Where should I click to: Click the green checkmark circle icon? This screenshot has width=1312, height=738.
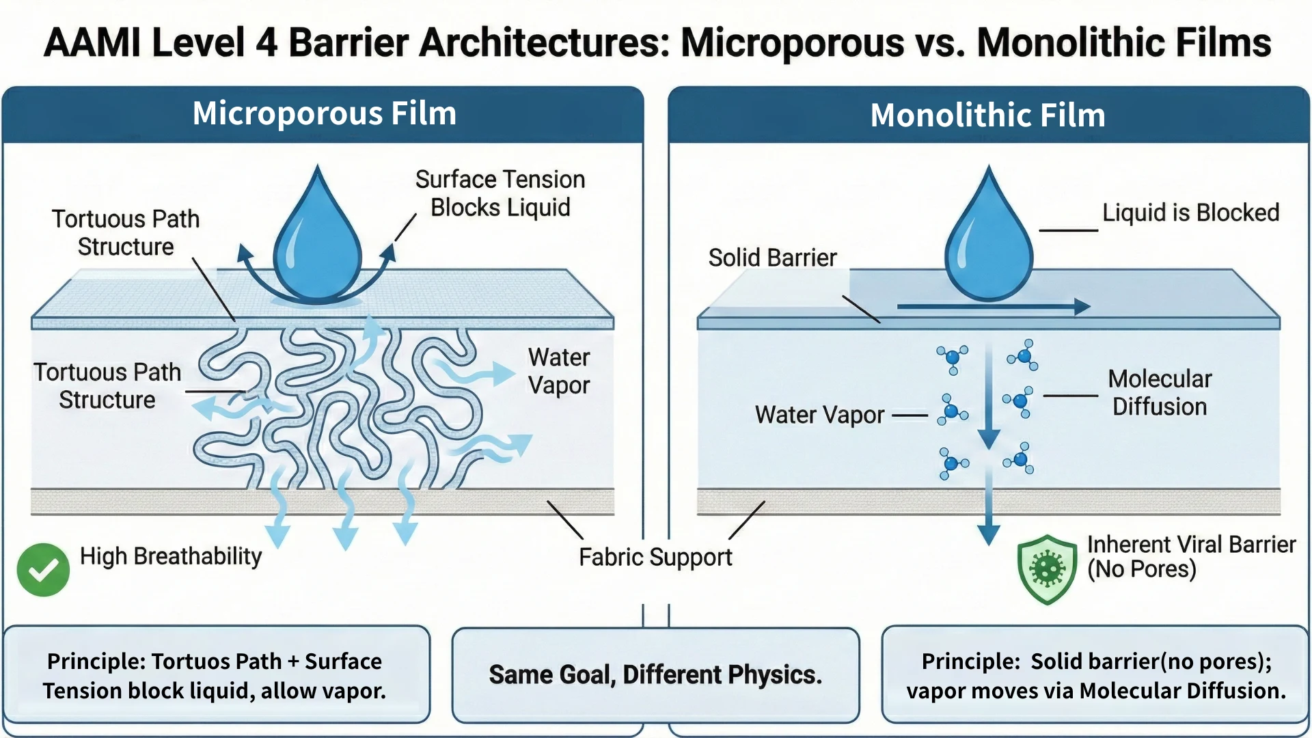pyautogui.click(x=43, y=569)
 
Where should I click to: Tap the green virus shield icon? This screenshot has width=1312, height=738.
pyautogui.click(x=1047, y=569)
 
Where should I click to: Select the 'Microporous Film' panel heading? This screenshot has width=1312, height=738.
pyautogui.click(x=324, y=113)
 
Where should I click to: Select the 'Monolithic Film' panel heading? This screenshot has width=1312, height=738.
pyautogui.click(x=987, y=115)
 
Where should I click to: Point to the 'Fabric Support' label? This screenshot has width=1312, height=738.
pyautogui.click(x=655, y=557)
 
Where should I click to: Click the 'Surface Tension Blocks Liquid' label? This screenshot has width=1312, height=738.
pyautogui.click(x=500, y=193)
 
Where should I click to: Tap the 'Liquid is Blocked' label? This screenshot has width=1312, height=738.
pyautogui.click(x=1190, y=213)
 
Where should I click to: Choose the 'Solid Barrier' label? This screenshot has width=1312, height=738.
pyautogui.click(x=772, y=258)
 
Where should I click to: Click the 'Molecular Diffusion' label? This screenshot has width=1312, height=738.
pyautogui.click(x=1160, y=392)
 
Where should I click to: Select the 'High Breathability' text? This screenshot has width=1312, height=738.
pyautogui.click(x=171, y=556)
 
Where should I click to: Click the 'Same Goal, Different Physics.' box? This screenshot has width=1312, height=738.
pyautogui.click(x=655, y=674)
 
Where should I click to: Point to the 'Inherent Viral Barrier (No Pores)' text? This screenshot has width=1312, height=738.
pyautogui.click(x=1190, y=556)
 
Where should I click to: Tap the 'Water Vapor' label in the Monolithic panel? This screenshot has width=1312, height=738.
pyautogui.click(x=819, y=415)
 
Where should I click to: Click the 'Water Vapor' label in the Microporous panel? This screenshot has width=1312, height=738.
pyautogui.click(x=558, y=371)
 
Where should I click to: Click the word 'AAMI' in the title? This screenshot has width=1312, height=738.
pyautogui.click(x=92, y=42)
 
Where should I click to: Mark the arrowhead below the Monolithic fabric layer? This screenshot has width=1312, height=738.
pyautogui.click(x=988, y=534)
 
